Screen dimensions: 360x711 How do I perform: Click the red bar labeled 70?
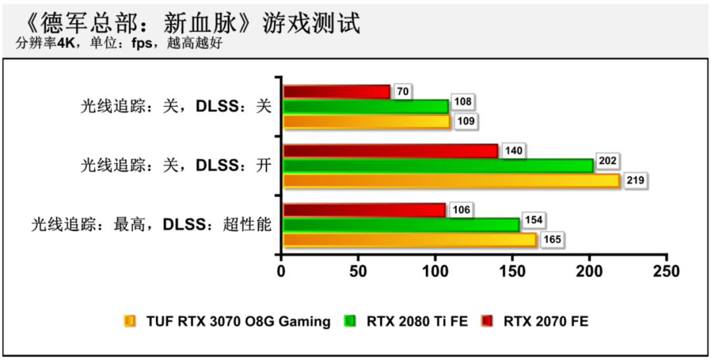(336, 91)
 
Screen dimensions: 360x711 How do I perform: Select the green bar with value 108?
(365, 106)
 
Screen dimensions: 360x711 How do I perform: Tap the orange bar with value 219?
(451, 180)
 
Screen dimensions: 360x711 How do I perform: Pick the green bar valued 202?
(438, 165)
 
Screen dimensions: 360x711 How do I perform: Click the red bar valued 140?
(390, 151)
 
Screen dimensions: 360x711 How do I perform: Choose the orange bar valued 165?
(409, 240)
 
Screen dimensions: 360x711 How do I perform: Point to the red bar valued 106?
(364, 210)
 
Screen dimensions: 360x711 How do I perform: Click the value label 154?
(533, 220)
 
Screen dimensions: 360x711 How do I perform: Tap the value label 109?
(465, 122)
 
